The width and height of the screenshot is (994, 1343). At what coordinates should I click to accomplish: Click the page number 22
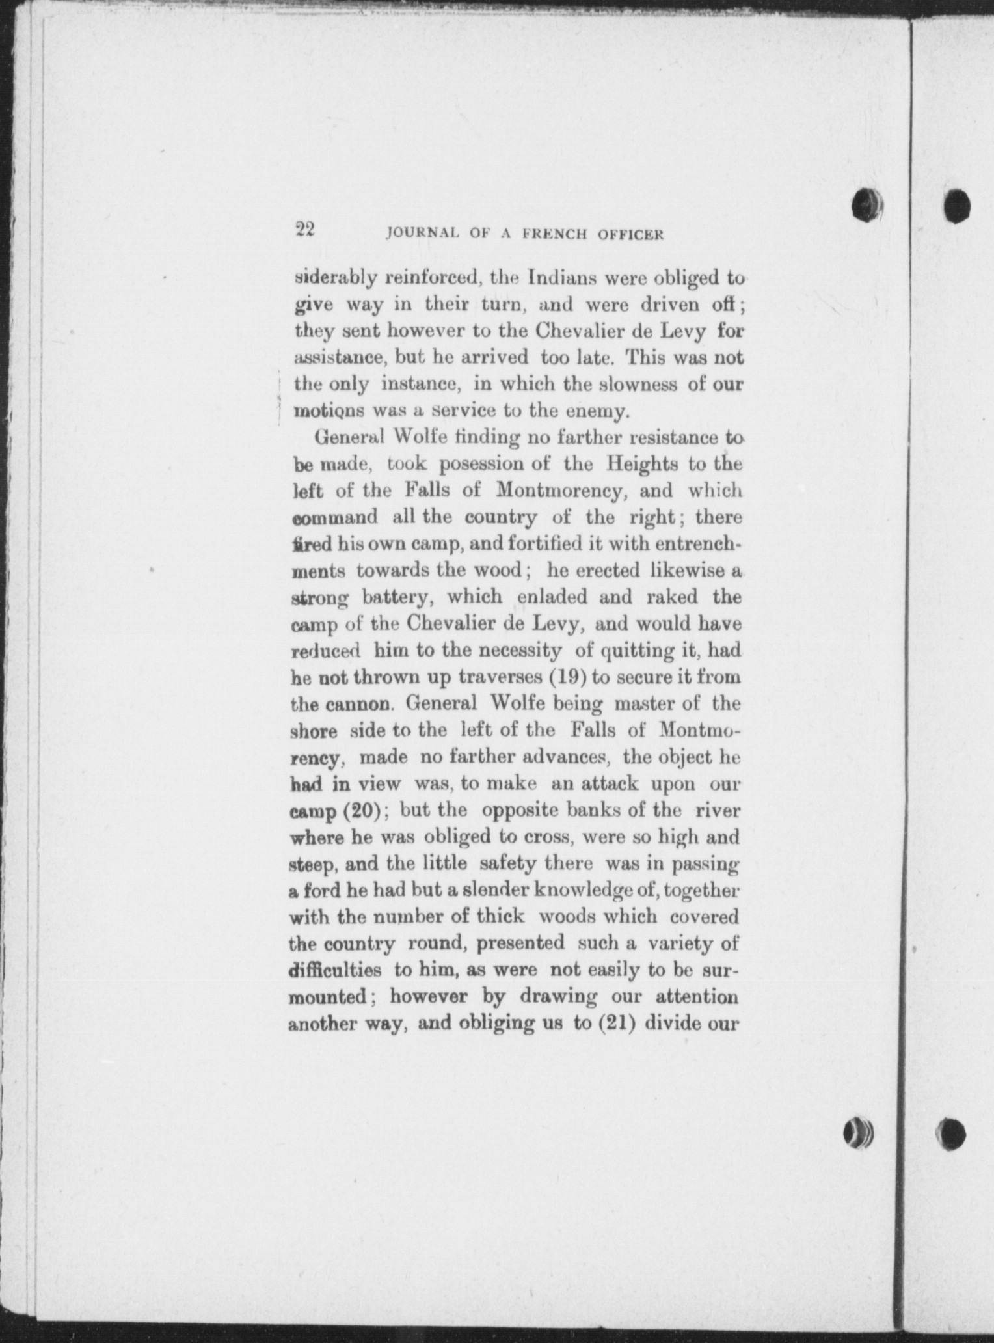(304, 230)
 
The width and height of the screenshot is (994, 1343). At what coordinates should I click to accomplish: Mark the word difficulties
(334, 970)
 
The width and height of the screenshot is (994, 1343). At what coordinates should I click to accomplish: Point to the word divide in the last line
(674, 1024)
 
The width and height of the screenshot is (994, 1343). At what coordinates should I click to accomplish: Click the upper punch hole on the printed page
(867, 204)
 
